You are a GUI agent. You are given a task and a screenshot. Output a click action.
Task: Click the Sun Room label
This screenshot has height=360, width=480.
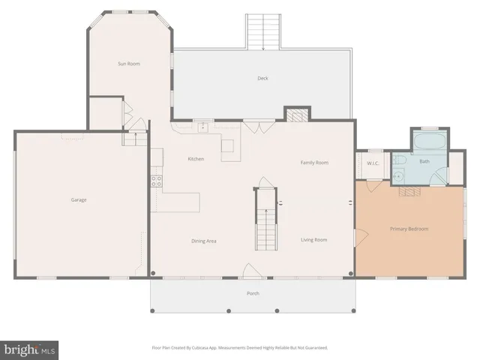coord(128,64)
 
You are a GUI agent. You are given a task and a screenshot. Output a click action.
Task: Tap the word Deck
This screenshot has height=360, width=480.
coord(262,78)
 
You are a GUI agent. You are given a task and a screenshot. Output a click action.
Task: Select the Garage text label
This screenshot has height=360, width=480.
coord(79,200)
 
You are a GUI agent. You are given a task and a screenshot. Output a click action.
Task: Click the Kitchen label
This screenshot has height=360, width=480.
coord(196,159)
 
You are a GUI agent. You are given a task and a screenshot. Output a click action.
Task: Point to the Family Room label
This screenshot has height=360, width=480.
coord(314,163)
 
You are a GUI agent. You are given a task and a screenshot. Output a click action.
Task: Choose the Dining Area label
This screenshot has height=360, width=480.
coord(203,241)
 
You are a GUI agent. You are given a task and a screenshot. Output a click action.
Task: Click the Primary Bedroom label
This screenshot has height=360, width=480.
coord(409,229)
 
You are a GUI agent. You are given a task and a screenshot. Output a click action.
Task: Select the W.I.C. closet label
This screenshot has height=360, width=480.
coord(373,163)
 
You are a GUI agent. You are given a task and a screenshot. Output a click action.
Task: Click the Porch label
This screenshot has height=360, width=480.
coord(253,293)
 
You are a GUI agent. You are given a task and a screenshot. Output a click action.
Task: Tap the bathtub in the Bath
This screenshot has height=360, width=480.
coord(428,142)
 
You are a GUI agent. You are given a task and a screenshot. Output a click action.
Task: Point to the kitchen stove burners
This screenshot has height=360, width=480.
coord(157,180)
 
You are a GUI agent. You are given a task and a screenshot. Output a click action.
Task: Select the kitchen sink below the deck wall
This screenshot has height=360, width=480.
coord(202,127)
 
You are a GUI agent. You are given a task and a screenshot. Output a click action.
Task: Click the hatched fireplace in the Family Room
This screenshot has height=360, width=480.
coord(296,115)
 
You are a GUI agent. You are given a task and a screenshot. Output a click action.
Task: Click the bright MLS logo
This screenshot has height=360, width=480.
coord(30,349)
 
